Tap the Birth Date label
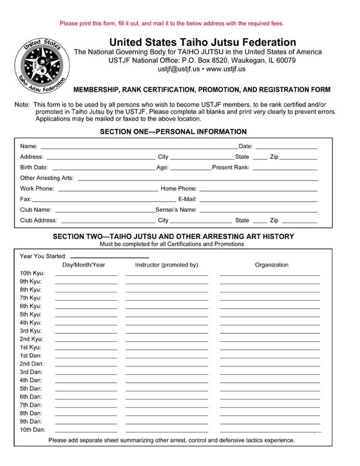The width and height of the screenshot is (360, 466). (x=34, y=168)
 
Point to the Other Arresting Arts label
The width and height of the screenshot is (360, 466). (x=47, y=178)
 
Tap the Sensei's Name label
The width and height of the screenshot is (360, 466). (x=176, y=209)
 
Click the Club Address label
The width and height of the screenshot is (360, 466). (x=39, y=221)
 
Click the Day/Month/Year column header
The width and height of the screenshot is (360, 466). (x=84, y=265)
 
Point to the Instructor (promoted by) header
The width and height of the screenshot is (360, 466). (x=166, y=265)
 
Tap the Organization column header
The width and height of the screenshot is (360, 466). (x=271, y=265)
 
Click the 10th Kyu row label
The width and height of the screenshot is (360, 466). (x=32, y=274)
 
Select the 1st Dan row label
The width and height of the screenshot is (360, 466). (x=31, y=356)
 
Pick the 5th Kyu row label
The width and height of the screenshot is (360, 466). (x=31, y=315)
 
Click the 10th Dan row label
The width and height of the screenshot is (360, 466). (x=32, y=430)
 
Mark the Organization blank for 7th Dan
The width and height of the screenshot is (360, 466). (x=270, y=407)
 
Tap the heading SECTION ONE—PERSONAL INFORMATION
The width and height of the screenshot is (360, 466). (x=174, y=132)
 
